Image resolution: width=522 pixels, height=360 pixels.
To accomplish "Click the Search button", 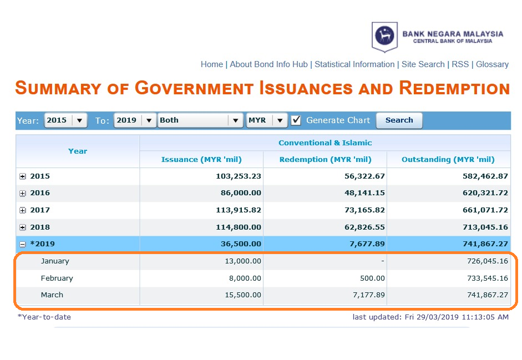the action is click(399, 120).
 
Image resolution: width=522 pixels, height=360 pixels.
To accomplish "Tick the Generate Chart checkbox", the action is click(296, 120).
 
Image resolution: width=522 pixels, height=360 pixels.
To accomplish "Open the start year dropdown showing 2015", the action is click(65, 120).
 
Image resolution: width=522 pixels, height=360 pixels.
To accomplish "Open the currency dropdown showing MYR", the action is click(267, 120).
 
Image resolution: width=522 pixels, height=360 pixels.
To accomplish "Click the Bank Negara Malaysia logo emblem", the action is click(384, 36).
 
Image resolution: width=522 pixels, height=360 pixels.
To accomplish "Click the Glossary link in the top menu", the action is click(492, 64).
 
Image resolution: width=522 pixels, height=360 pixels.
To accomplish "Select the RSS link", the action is click(460, 64).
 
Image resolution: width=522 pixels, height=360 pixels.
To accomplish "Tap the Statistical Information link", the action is click(354, 64).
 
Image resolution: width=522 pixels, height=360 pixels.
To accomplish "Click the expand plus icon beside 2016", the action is click(22, 193).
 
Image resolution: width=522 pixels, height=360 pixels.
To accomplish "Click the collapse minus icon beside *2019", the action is click(22, 245).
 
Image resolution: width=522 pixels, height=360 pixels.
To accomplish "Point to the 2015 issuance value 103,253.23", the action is click(239, 176).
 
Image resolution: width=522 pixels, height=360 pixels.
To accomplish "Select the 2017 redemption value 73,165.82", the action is click(364, 210).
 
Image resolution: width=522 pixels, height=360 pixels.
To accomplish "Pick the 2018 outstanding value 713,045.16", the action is click(485, 227).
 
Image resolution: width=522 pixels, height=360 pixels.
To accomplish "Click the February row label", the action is click(57, 278).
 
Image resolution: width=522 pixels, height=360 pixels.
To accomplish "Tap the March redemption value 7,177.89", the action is click(369, 295).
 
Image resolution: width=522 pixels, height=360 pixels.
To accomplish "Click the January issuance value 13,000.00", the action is click(243, 261).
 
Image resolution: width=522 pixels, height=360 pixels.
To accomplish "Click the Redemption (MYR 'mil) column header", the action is click(325, 160).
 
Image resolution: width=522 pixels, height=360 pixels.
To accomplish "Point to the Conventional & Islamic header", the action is click(325, 143).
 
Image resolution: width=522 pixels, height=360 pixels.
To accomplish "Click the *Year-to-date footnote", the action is click(44, 317).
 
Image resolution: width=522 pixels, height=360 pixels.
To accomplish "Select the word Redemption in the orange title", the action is click(454, 88).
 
